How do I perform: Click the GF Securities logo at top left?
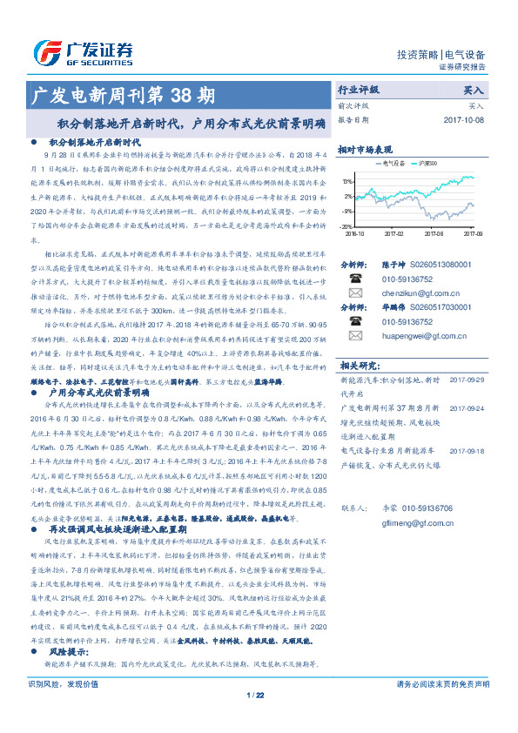[x=83, y=51]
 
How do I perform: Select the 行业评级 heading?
[x=358, y=90]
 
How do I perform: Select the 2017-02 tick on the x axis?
[x=394, y=233]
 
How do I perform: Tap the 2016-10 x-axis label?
[x=355, y=233]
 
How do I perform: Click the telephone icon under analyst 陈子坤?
[x=355, y=279]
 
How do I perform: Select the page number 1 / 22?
[x=255, y=719]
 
